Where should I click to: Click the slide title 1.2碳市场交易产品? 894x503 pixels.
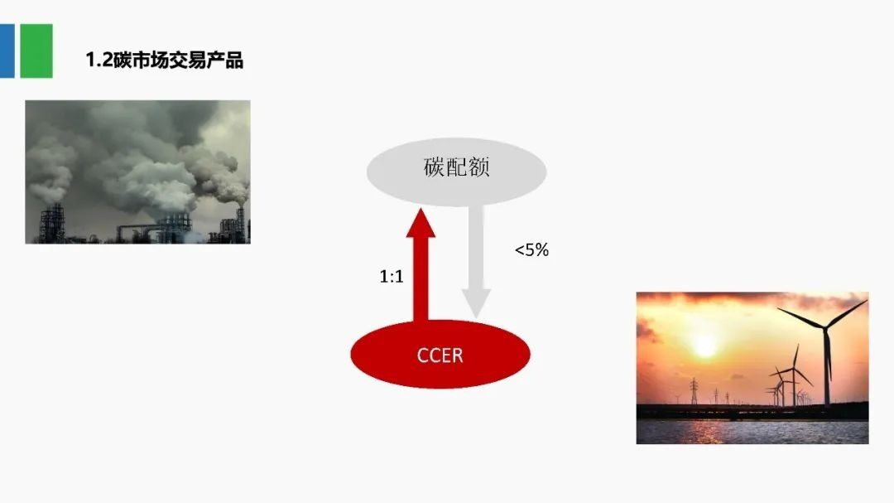click(164, 60)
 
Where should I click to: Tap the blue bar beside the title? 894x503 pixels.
click(7, 51)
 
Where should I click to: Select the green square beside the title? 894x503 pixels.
click(36, 51)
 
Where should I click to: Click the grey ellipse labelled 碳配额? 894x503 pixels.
click(456, 172)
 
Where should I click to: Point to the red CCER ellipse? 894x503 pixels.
click(440, 354)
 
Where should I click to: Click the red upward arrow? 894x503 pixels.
click(421, 265)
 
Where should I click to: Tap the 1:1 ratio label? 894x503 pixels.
click(392, 276)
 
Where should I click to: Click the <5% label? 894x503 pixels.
click(531, 250)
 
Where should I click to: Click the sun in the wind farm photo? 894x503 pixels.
click(704, 346)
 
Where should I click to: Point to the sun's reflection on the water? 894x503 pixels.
click(706, 433)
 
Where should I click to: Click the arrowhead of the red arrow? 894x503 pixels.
click(421, 223)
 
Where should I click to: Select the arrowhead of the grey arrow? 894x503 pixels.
click(476, 304)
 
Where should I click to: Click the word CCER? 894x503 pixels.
click(440, 355)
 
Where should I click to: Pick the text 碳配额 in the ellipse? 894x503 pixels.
click(457, 167)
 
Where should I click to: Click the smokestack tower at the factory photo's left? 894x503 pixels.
click(52, 224)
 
